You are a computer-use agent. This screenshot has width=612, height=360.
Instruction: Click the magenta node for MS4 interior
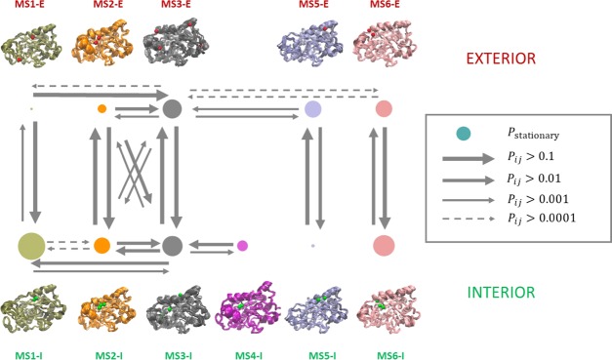(242, 245)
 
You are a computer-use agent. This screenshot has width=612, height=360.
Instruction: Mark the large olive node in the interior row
(31, 246)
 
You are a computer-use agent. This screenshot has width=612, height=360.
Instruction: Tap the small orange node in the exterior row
(102, 109)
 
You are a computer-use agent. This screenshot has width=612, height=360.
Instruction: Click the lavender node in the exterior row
(312, 109)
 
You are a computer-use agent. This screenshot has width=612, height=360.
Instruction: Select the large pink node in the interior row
(384, 246)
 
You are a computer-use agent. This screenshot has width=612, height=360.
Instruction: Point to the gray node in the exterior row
(173, 109)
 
